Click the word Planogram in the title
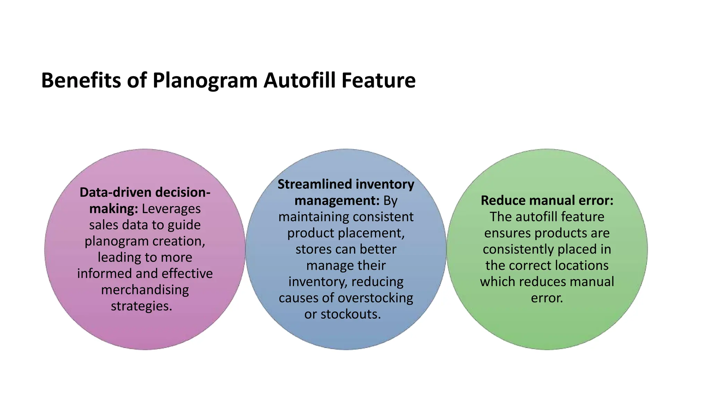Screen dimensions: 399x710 pos(205,81)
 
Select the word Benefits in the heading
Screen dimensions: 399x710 pos(81,80)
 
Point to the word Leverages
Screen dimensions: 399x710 pos(171,209)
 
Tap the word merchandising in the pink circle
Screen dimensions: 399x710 pos(145,290)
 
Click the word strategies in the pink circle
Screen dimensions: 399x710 pos(140,306)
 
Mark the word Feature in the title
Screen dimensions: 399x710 pos(378,80)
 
